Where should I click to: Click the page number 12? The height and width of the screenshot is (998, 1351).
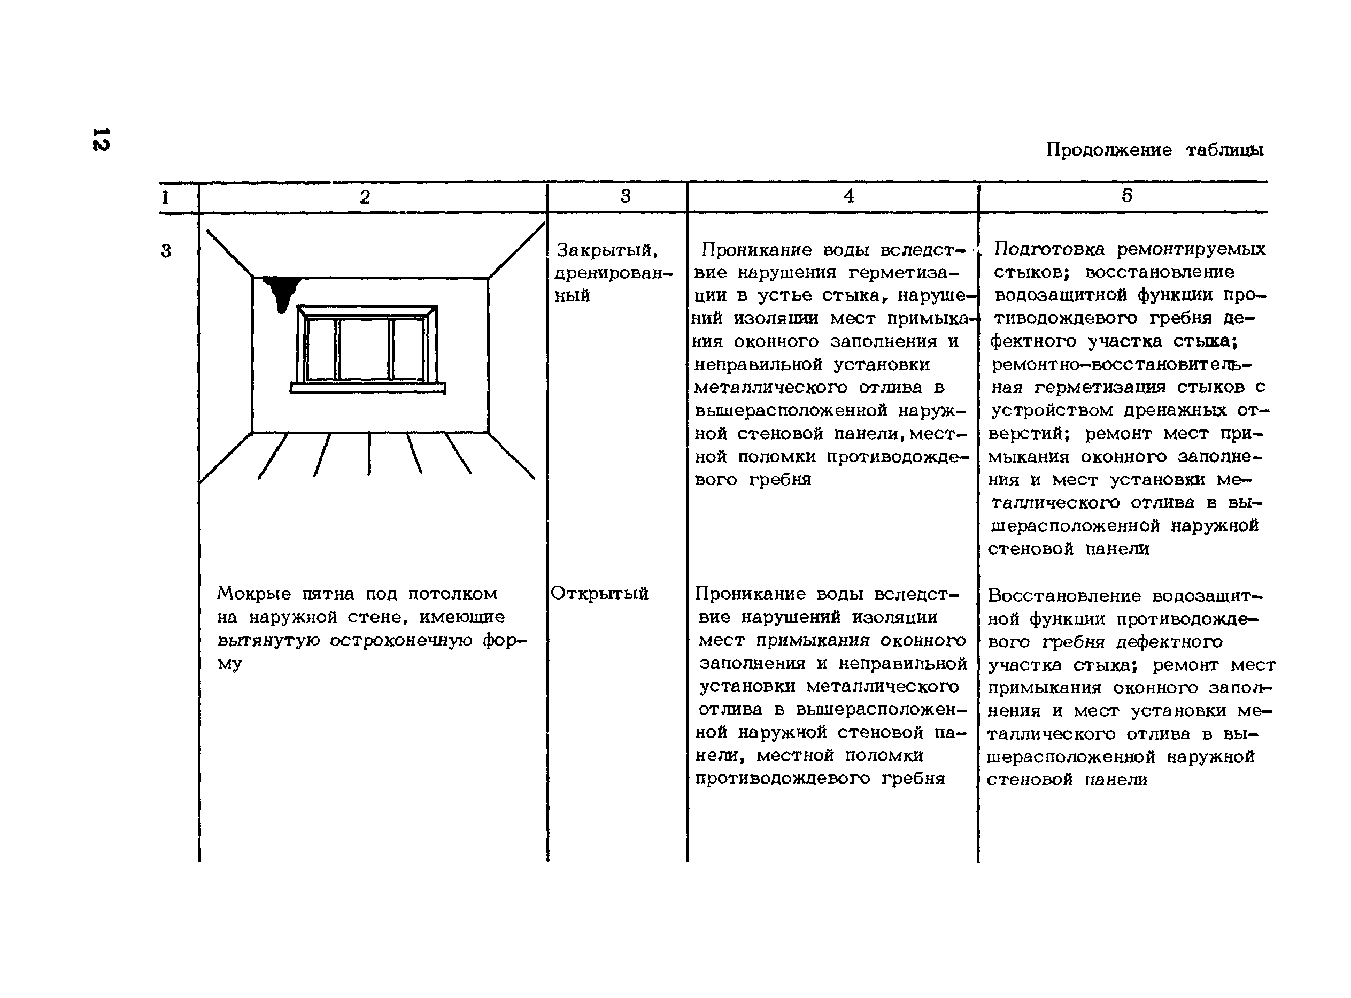(101, 139)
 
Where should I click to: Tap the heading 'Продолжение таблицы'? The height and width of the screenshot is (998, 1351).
(1154, 149)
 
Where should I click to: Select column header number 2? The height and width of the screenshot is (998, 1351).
(365, 196)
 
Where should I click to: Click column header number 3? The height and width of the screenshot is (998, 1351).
(625, 196)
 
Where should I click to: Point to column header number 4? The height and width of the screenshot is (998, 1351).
(848, 196)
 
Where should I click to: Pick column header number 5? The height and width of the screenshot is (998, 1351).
(1127, 195)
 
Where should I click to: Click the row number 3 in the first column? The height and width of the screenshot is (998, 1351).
(166, 250)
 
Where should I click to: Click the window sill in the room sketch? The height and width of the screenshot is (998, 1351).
(367, 388)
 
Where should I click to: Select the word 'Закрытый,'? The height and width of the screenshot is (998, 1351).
(606, 249)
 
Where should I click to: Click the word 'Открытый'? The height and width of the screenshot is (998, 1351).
(599, 593)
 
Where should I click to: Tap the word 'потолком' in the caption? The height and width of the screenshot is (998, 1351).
(452, 593)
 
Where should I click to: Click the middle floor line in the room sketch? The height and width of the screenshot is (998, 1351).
(369, 453)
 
